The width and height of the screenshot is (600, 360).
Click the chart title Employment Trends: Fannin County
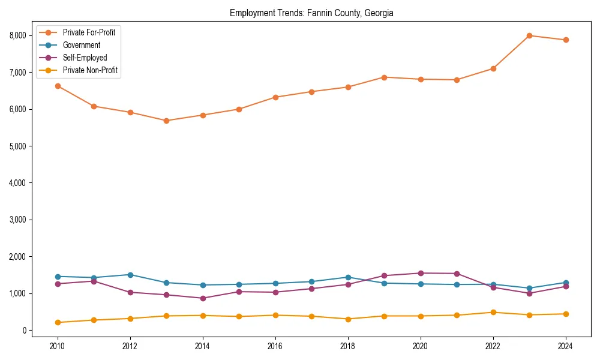(311, 13)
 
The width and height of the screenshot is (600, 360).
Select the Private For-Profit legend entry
(89, 32)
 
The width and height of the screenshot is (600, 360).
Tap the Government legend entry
(82, 45)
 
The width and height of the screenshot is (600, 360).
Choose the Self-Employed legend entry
(85, 58)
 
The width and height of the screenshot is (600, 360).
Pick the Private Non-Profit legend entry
(90, 71)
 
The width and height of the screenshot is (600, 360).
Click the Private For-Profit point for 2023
(529, 35)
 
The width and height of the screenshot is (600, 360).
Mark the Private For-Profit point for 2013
(166, 121)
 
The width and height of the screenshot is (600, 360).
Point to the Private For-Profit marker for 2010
(58, 86)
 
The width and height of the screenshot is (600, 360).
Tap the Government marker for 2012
(130, 275)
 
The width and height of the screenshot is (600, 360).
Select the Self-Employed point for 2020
(421, 273)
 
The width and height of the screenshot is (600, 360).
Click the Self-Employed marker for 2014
(203, 298)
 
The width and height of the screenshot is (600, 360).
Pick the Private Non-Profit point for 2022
(493, 312)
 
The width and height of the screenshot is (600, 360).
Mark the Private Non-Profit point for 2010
(58, 322)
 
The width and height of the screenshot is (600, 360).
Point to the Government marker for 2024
(566, 283)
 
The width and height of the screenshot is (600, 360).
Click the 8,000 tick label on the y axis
(18, 35)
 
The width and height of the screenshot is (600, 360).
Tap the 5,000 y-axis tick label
(18, 146)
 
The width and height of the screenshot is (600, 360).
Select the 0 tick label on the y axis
(25, 331)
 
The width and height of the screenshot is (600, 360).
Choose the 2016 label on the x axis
(275, 346)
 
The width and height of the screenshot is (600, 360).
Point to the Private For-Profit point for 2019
(384, 77)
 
